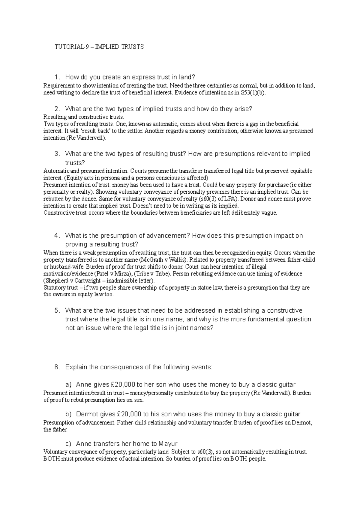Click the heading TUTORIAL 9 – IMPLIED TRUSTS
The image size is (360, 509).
point(99,47)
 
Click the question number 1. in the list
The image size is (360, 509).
point(57,77)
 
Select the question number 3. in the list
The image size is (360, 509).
point(57,154)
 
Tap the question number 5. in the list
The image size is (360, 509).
point(57,311)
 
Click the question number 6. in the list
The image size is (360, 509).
point(57,367)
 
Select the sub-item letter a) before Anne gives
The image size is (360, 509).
point(68,385)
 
